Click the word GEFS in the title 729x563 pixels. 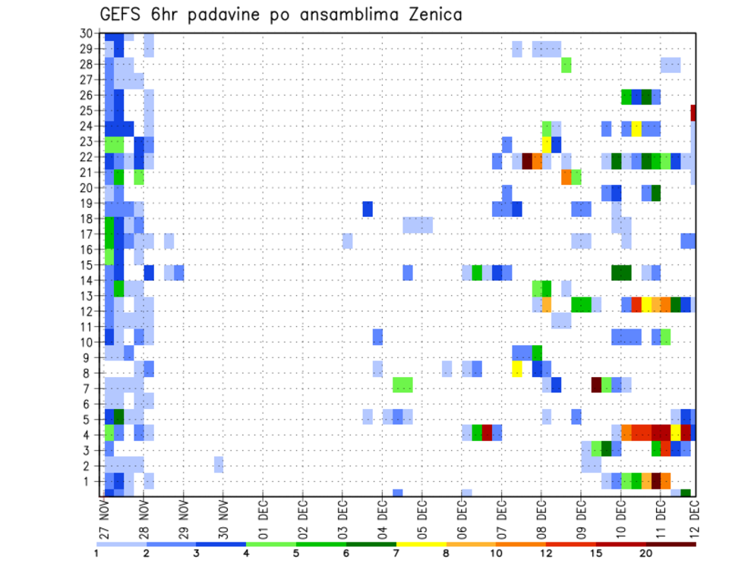pyautogui.click(x=124, y=14)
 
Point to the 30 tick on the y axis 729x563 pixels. pyautogui.click(x=86, y=33)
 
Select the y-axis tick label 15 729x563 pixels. pyautogui.click(x=86, y=265)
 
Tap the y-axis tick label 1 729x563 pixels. pyautogui.click(x=89, y=480)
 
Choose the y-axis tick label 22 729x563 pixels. pyautogui.click(x=86, y=157)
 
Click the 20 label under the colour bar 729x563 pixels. pyautogui.click(x=646, y=553)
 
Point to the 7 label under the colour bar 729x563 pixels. pyautogui.click(x=396, y=553)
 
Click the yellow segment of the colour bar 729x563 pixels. pyautogui.click(x=421, y=543)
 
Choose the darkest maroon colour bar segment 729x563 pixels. pyautogui.click(x=671, y=543)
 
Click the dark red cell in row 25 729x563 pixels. pyautogui.click(x=693, y=112)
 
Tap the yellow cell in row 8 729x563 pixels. pyautogui.click(x=517, y=369)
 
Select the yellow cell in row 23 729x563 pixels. pyautogui.click(x=547, y=142)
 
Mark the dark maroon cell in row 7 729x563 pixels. pyautogui.click(x=596, y=385)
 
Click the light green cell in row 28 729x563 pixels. pyautogui.click(x=566, y=64)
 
